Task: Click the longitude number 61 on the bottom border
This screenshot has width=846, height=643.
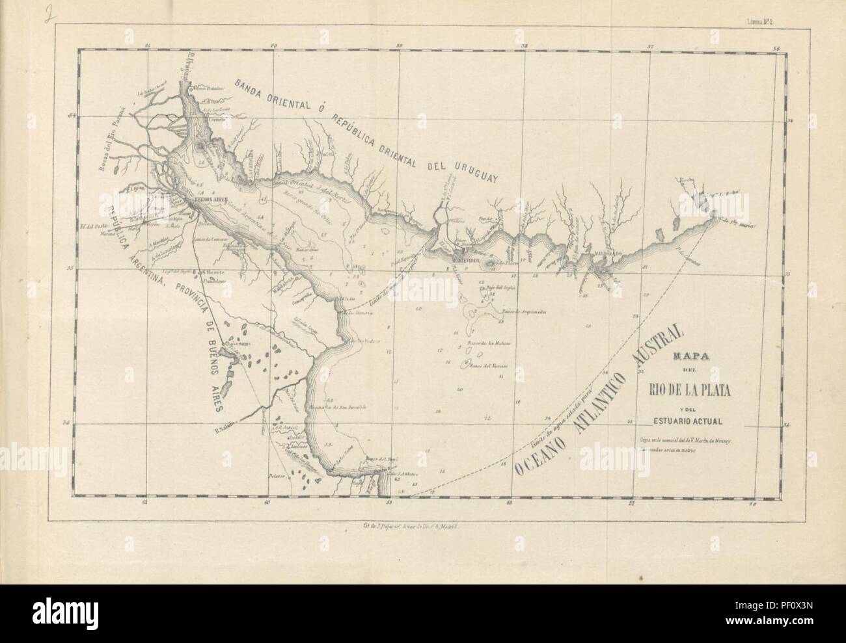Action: click(145, 502)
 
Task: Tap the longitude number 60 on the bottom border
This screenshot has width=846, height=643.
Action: click(267, 502)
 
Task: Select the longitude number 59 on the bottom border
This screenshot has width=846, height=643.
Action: click(389, 502)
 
